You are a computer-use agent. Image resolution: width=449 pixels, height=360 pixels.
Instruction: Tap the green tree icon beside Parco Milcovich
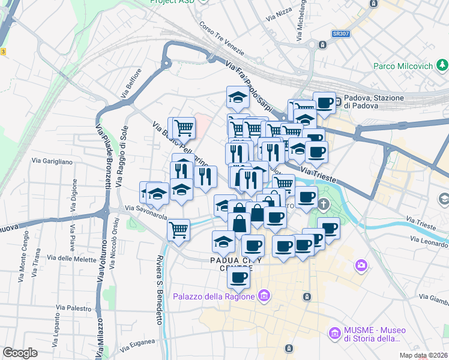pyautogui.click(x=442, y=65)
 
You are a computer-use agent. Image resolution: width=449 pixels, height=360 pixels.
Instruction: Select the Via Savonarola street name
pyautogui.click(x=146, y=211)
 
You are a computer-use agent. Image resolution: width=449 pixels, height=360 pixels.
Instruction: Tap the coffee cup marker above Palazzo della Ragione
pyautogui.click(x=239, y=277)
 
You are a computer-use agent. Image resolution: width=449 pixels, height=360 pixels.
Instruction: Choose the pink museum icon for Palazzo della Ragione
pyautogui.click(x=263, y=295)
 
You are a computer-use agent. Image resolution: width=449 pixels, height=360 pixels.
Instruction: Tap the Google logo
pyautogui.click(x=20, y=353)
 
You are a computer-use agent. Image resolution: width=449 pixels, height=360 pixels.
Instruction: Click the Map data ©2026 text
pyautogui.click(x=423, y=355)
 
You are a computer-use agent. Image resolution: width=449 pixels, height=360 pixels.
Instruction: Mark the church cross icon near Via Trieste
pyautogui.click(x=324, y=205)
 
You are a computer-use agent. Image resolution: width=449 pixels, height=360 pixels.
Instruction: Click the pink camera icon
pyautogui.click(x=361, y=265)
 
